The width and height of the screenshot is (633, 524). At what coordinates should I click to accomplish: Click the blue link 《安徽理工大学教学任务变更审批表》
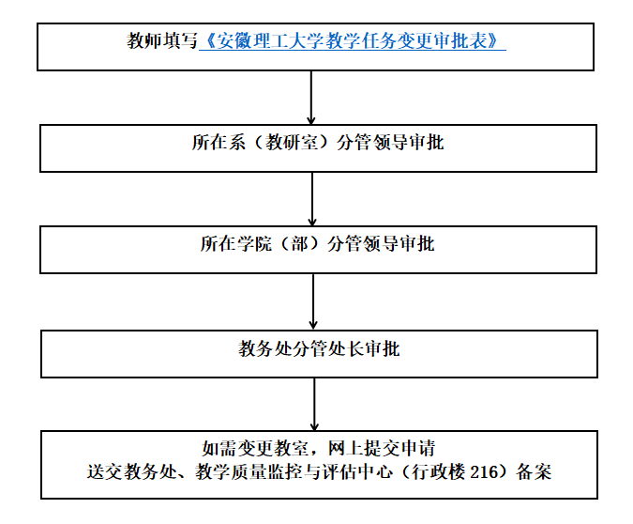pos(352,40)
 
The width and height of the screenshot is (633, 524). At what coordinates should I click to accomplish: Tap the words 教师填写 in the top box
pos(162,40)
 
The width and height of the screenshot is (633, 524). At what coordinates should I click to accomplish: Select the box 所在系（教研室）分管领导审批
pos(318,148)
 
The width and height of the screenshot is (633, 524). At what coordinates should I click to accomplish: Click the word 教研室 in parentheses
pos(292,143)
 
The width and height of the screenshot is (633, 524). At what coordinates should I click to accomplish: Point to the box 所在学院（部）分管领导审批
pos(318,250)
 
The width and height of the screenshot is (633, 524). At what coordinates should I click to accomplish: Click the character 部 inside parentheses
pos(299,244)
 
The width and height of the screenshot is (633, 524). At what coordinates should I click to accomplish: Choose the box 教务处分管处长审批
pos(319,354)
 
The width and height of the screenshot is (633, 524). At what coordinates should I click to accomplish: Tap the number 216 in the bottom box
pos(485,471)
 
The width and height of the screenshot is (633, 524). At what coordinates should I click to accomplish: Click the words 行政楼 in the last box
pos(439,471)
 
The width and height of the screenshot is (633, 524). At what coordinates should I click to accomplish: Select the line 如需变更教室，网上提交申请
pos(319,448)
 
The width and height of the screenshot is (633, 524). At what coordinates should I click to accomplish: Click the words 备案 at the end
pos(534,471)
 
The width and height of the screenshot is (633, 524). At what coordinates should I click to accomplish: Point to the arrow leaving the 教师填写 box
pos(310,98)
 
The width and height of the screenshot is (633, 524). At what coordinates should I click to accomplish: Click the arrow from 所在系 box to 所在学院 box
pos(312,199)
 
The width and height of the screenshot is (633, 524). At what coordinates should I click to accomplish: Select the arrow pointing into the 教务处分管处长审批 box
pos(313,301)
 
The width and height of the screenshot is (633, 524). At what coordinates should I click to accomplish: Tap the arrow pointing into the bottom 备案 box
pos(314,405)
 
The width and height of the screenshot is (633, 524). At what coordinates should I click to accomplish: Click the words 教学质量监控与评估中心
pos(294,471)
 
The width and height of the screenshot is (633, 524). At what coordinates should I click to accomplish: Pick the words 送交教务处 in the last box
pos(132,471)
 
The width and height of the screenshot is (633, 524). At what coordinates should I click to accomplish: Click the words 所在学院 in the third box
pos(236,244)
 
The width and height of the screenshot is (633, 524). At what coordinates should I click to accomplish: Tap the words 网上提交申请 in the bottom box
pos(382,448)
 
